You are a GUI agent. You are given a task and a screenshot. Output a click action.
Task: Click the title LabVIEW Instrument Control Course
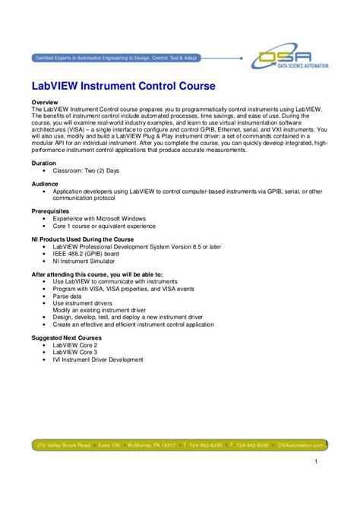(123, 86)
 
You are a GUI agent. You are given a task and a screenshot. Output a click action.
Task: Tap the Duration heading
(43, 163)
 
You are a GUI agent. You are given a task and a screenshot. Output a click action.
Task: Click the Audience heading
(45, 184)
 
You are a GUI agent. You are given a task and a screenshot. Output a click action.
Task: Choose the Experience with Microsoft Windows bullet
(99, 218)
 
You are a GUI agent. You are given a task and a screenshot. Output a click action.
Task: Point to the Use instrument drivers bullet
(83, 303)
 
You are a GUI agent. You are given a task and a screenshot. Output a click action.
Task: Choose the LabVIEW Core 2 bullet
(75, 345)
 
